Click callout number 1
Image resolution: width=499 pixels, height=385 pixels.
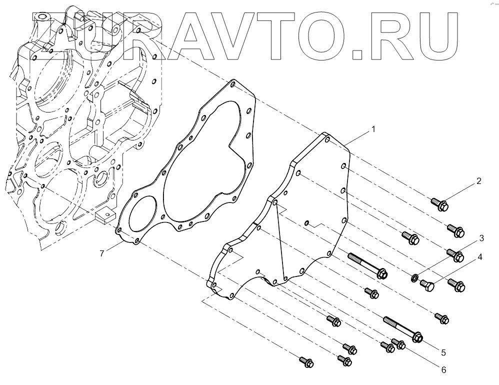pyautogui.click(x=372, y=129)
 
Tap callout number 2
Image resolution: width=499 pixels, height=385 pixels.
pyautogui.click(x=478, y=181)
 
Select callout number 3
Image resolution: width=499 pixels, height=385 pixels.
pyautogui.click(x=481, y=237)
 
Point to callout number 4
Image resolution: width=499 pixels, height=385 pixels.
pyautogui.click(x=479, y=257)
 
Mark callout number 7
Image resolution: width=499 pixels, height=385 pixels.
pyautogui.click(x=101, y=253)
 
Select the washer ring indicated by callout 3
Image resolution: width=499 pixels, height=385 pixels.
pyautogui.click(x=414, y=277)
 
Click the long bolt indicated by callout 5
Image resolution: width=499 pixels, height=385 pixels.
pyautogui.click(x=402, y=328)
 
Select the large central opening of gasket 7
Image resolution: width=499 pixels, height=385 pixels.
pyautogui.click(x=200, y=165)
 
